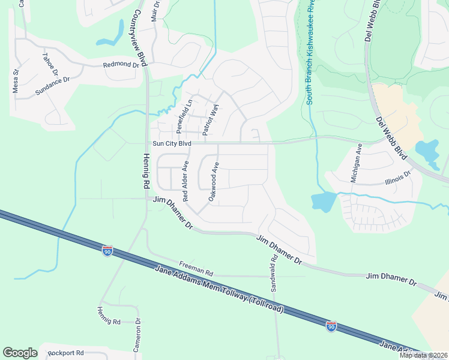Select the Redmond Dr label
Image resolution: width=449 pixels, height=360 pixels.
[121, 64]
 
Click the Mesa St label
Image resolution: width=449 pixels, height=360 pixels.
[16, 81]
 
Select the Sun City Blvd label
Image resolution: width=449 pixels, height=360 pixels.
[171, 144]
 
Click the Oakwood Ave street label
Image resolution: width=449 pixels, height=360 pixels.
[213, 181]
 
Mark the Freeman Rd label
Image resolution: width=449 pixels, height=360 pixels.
[196, 268]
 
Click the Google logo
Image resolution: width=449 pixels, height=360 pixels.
[20, 353]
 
